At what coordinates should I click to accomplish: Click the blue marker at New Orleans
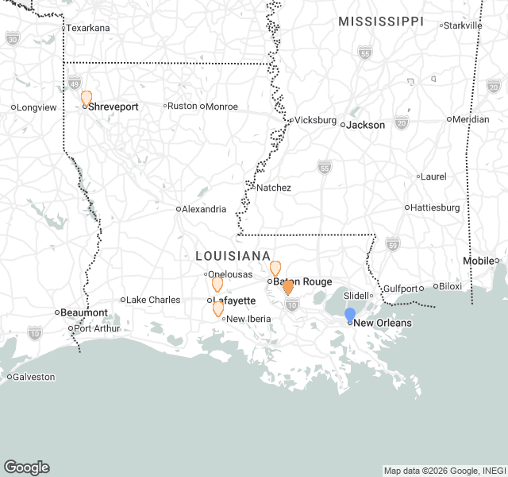point(350,315)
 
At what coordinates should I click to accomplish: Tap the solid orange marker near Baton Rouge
point(288,287)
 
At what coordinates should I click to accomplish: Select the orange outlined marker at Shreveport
point(87,98)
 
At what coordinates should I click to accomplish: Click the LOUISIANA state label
point(233,256)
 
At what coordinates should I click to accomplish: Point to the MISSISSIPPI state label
point(381,21)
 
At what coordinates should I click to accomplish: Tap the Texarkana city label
point(87,28)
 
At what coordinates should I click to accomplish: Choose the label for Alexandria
point(204,209)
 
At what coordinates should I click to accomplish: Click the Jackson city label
point(366,125)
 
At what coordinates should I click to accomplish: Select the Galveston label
point(34,377)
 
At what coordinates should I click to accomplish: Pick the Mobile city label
point(479,261)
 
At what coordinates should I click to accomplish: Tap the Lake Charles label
point(153,300)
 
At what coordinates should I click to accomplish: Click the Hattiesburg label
point(434,207)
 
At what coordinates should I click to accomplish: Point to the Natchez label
point(273,188)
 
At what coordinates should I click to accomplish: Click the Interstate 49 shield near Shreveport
point(74,82)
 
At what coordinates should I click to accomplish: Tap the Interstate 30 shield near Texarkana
point(12,37)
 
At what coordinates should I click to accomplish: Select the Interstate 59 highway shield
point(391,243)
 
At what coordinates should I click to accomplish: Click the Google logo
point(26,467)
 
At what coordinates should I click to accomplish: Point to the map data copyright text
point(444,471)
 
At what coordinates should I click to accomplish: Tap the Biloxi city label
point(449,286)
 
